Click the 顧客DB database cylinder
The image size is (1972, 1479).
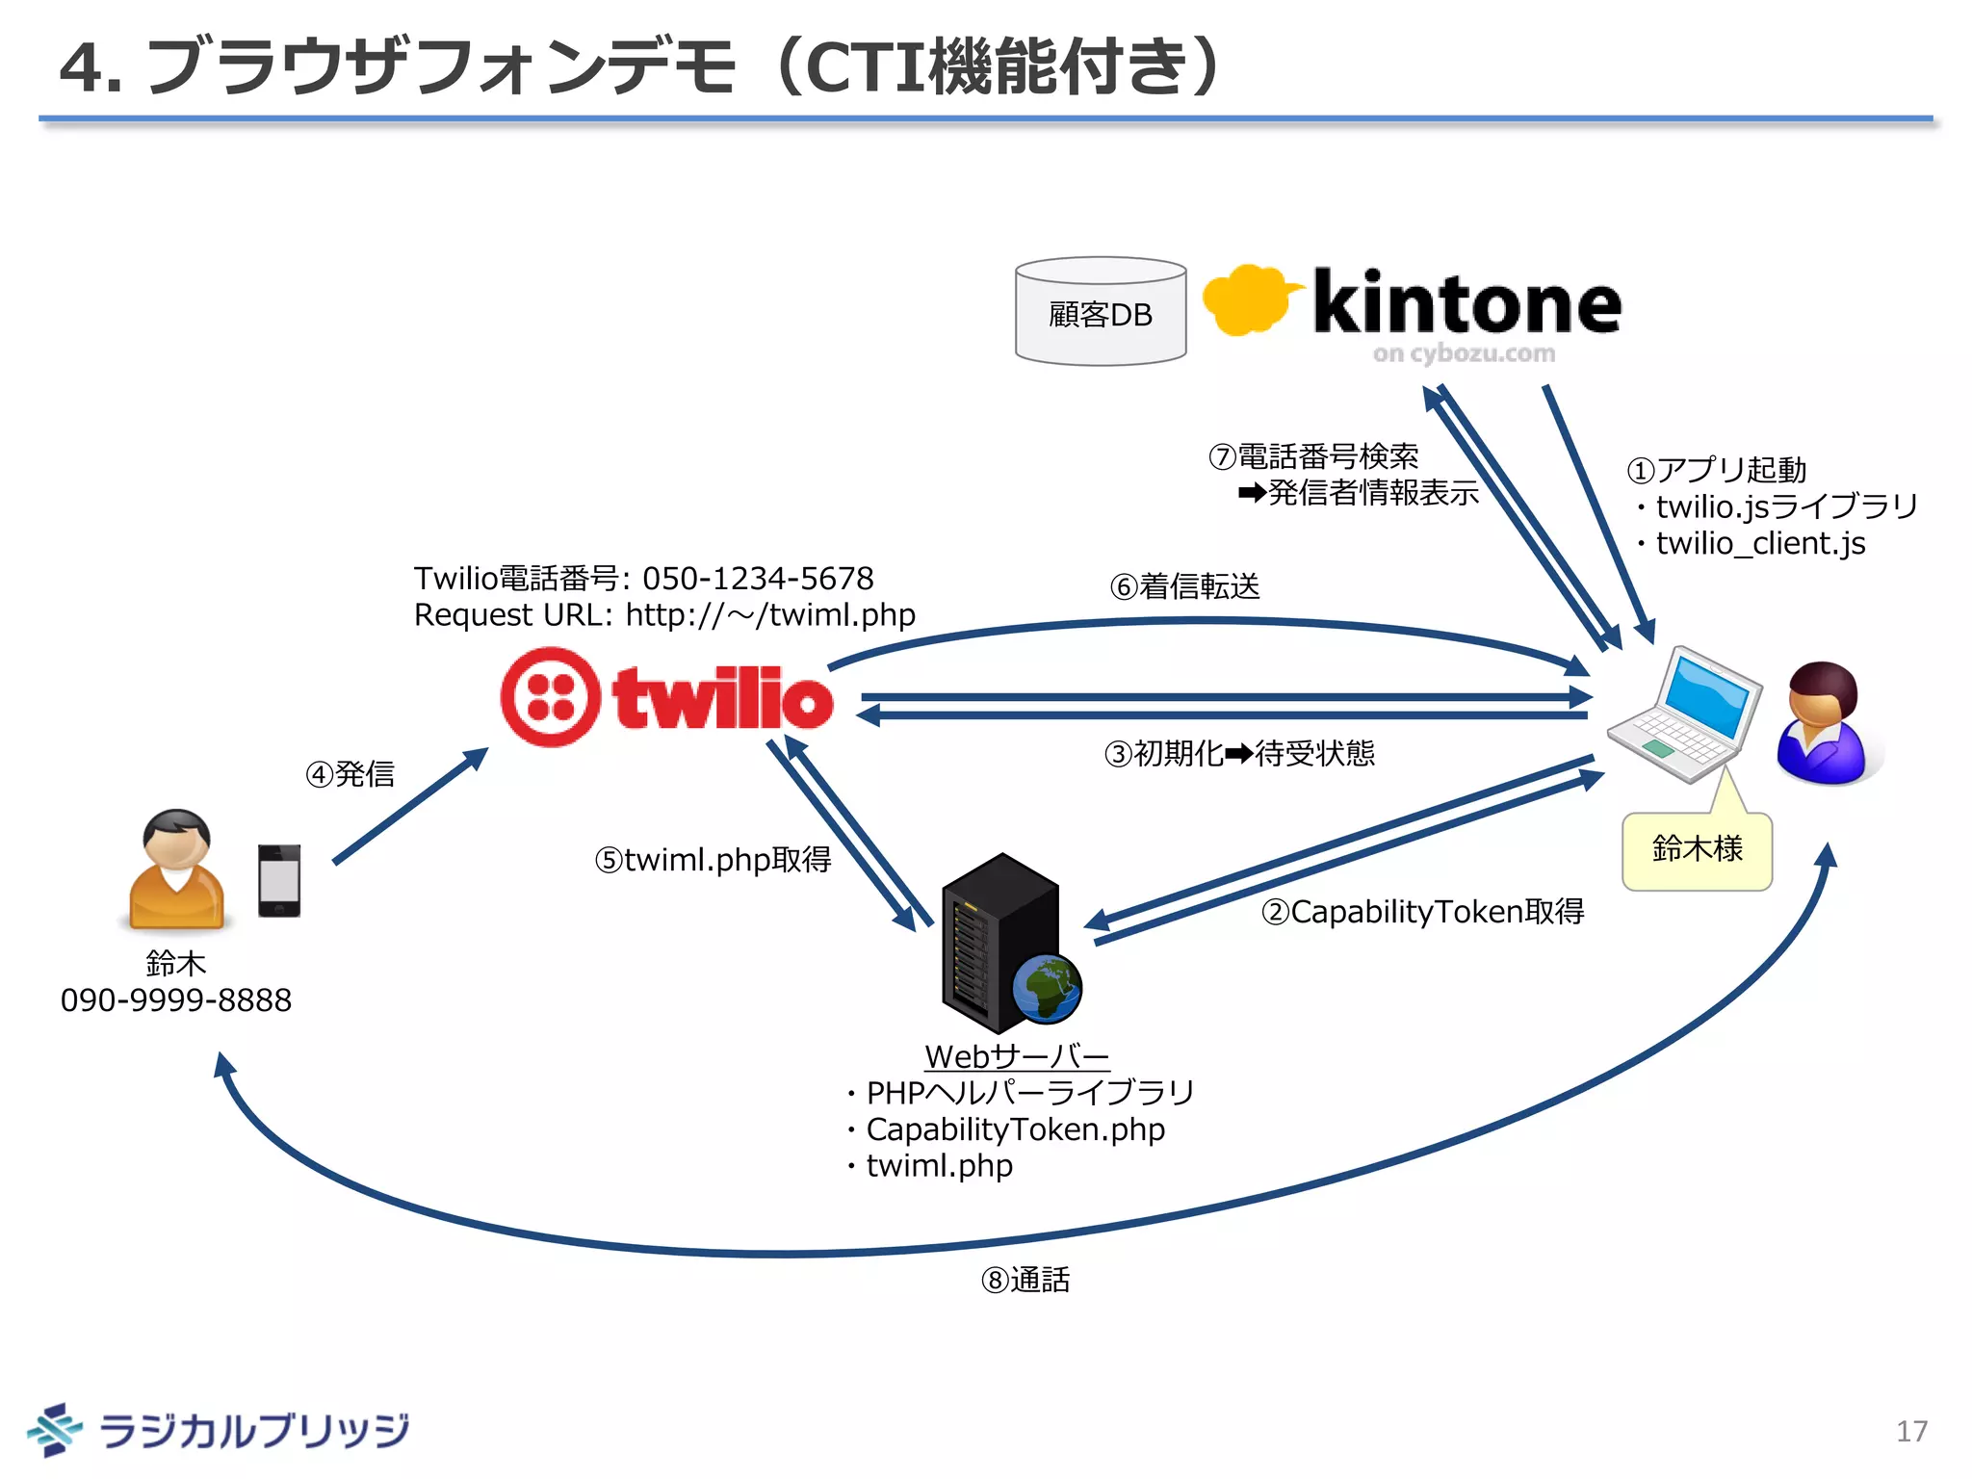click(x=1100, y=312)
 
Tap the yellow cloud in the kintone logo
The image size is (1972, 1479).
click(x=1247, y=300)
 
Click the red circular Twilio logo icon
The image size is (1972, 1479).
click(x=550, y=696)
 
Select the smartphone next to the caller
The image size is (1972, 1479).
click(x=279, y=880)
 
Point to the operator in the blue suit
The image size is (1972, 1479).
click(x=1824, y=724)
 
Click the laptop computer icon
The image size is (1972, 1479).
click(x=1686, y=714)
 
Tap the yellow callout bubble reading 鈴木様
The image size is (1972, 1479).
click(x=1697, y=850)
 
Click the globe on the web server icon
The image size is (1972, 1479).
click(x=1048, y=988)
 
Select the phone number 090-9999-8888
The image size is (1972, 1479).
click(x=176, y=1000)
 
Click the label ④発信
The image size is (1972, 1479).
click(x=350, y=774)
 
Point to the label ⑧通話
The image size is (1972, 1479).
click(x=1025, y=1280)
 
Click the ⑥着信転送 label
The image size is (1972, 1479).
click(x=1185, y=586)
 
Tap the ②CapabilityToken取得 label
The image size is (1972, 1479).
click(x=1422, y=911)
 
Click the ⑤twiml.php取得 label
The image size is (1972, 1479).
click(x=713, y=859)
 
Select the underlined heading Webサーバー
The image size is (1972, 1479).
click(x=1017, y=1056)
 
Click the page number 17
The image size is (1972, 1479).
click(x=1911, y=1431)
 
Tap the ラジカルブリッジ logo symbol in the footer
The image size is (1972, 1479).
click(x=54, y=1429)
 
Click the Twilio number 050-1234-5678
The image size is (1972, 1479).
click(x=758, y=579)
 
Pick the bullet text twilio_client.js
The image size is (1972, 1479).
click(x=1760, y=544)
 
